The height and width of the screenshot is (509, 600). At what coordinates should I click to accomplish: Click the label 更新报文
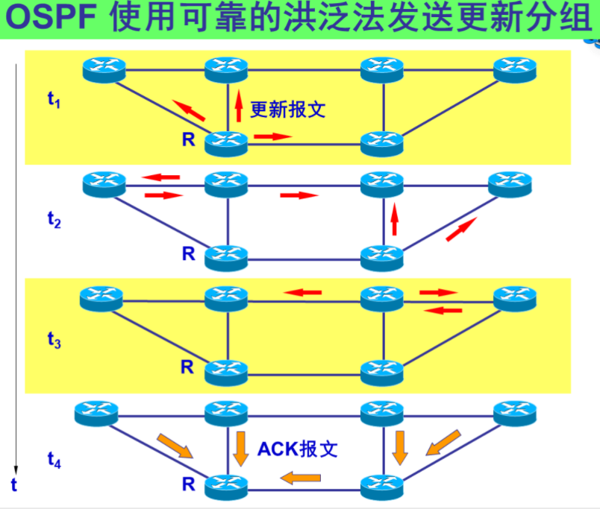[x=287, y=110]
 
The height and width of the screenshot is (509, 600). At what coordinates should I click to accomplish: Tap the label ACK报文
[x=298, y=449]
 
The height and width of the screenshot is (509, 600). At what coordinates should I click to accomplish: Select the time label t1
[x=53, y=99]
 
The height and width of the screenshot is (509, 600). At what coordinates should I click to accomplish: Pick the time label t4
[x=53, y=461]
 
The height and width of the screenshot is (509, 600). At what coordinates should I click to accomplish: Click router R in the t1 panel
[x=226, y=141]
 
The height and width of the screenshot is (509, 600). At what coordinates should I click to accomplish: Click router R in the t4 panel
[x=226, y=486]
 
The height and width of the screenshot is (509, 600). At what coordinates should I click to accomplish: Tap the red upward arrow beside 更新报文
[x=239, y=107]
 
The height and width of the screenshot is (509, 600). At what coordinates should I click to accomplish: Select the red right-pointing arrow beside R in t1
[x=272, y=136]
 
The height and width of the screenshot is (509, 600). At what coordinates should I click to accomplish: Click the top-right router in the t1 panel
[x=515, y=69]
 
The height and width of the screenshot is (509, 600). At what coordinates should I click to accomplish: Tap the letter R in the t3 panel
[x=187, y=367]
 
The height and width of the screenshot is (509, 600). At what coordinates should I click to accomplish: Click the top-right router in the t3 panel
[x=515, y=299]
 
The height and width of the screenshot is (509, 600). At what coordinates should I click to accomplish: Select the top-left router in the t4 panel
[x=98, y=411]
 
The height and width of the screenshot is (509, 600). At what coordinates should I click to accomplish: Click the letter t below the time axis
[x=13, y=486]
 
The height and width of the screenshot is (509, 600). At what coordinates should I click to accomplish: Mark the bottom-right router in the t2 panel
[x=381, y=257]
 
